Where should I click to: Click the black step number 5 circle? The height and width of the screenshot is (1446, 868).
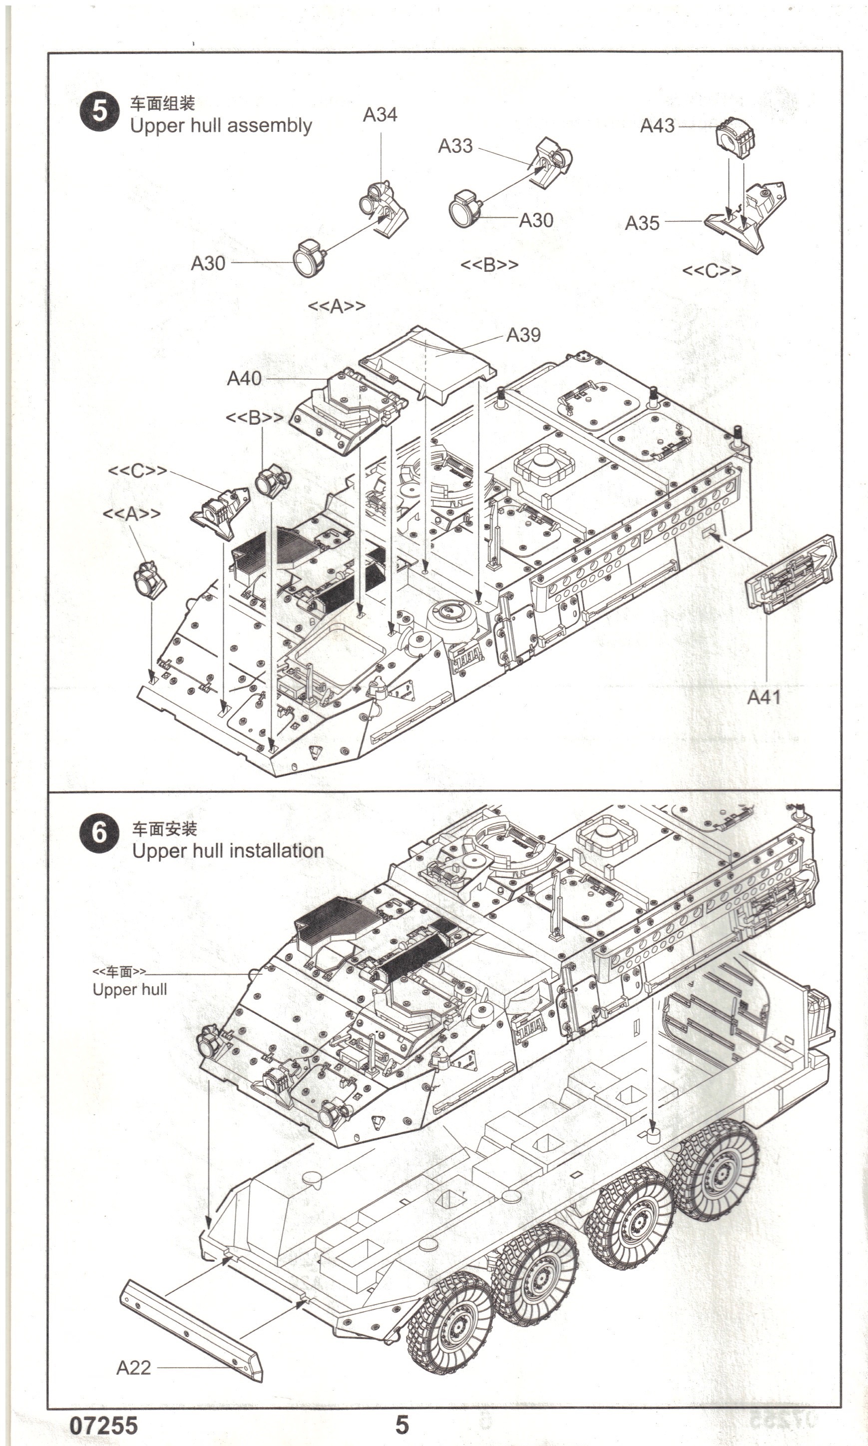[x=99, y=111]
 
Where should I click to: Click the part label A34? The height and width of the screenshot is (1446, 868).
[x=380, y=115]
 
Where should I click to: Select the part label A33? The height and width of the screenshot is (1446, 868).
[x=455, y=146]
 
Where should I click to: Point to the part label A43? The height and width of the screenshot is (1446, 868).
[x=657, y=125]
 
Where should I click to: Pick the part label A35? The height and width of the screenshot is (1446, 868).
[x=642, y=223]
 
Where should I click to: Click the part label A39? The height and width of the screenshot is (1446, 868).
[x=523, y=335]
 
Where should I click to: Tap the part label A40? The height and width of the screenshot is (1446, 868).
[x=244, y=379]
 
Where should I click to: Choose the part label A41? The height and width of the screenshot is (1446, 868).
[x=764, y=697]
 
